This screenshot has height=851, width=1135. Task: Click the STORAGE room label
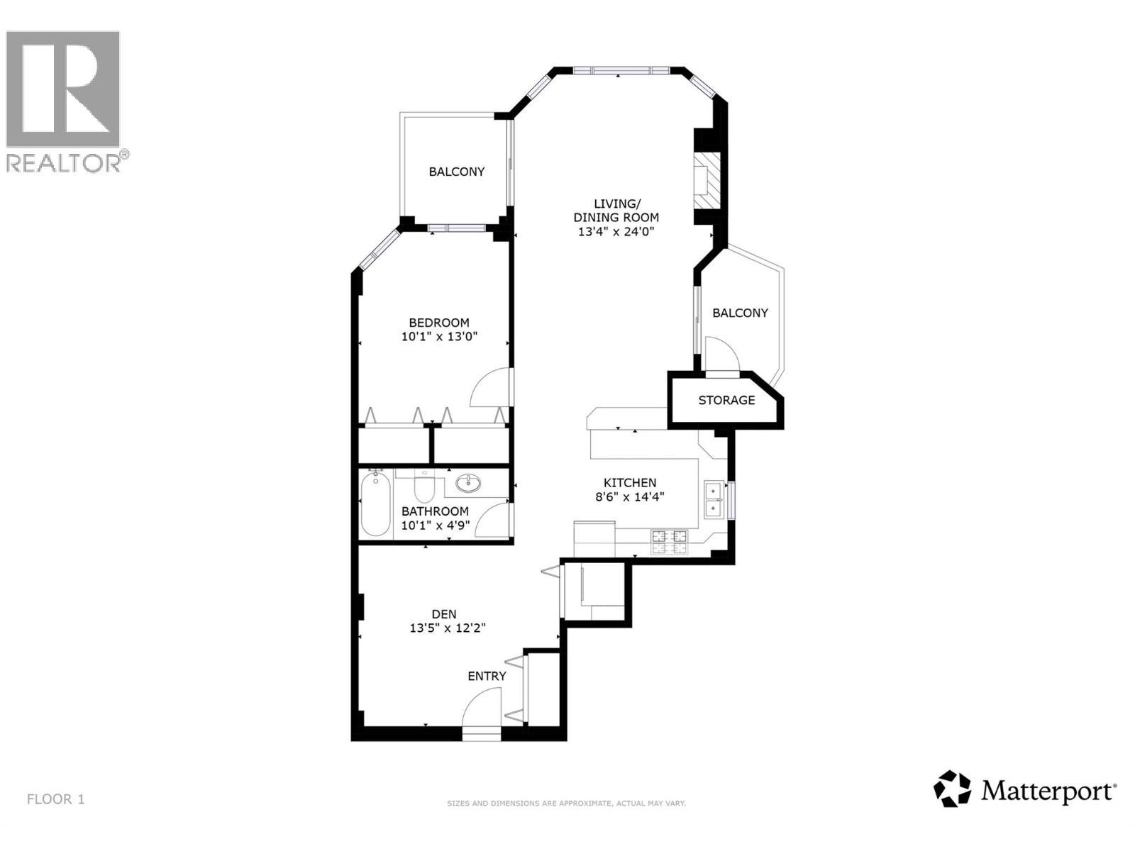pyautogui.click(x=726, y=401)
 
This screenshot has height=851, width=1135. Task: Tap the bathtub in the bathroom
pyautogui.click(x=375, y=506)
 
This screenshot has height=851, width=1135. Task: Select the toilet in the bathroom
pyautogui.click(x=424, y=486)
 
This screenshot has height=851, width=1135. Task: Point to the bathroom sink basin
pyautogui.click(x=468, y=484)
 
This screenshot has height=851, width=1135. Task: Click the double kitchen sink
pyautogui.click(x=713, y=499)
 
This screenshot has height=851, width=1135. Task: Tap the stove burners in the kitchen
pyautogui.click(x=670, y=542)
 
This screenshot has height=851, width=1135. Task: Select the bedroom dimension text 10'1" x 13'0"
pyautogui.click(x=440, y=337)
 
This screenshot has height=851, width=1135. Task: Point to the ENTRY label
pyautogui.click(x=487, y=677)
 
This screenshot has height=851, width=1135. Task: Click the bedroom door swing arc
pyautogui.click(x=489, y=388)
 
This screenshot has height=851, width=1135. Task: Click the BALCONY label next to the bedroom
pyautogui.click(x=457, y=172)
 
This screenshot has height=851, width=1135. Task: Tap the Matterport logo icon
pyautogui.click(x=952, y=789)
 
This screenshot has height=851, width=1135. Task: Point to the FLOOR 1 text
pyautogui.click(x=56, y=799)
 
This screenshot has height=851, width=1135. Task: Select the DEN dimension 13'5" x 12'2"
pyautogui.click(x=448, y=628)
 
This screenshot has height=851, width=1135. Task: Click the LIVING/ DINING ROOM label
pyautogui.click(x=616, y=211)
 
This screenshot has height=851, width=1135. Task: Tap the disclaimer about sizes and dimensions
pyautogui.click(x=566, y=803)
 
